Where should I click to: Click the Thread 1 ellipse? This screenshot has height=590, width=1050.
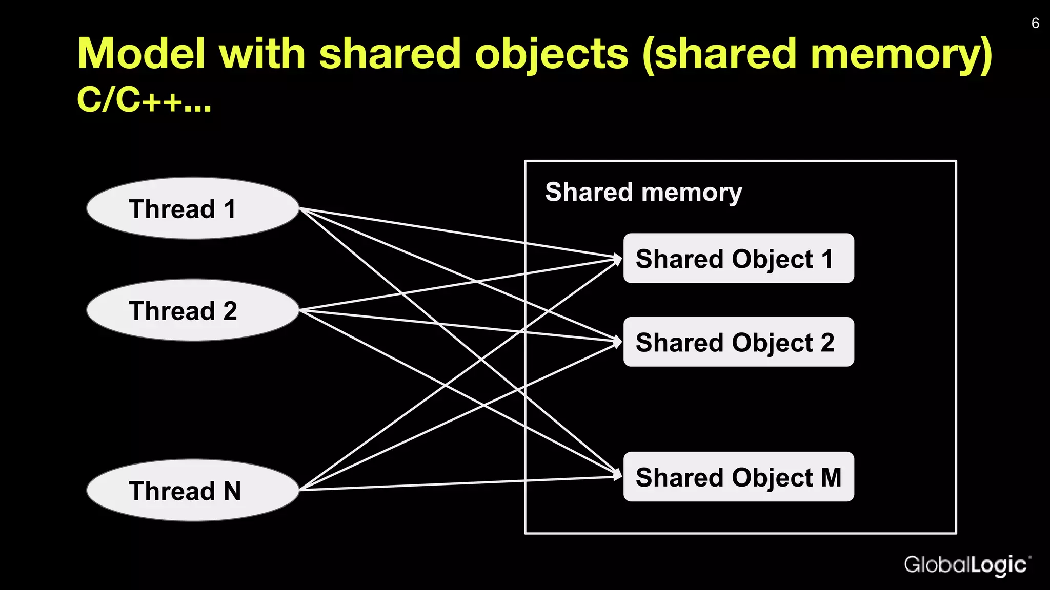[193, 208]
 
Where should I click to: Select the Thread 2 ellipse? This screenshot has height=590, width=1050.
[193, 310]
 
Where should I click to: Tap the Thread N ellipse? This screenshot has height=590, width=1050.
[193, 490]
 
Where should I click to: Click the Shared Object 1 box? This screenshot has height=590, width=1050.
[738, 259]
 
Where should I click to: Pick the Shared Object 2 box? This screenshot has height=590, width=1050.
[738, 342]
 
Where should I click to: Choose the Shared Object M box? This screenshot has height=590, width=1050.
[738, 477]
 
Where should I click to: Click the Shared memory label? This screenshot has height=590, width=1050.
[643, 193]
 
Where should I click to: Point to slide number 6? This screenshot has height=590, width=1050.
[1035, 24]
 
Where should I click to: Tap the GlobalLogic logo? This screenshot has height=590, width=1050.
[966, 565]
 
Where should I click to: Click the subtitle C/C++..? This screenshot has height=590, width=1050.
[144, 99]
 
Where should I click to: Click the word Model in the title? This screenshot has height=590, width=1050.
[142, 54]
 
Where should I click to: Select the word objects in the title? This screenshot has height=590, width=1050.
[551, 54]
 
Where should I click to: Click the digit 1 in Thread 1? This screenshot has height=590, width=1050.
[229, 209]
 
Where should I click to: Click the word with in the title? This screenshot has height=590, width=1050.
[262, 54]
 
